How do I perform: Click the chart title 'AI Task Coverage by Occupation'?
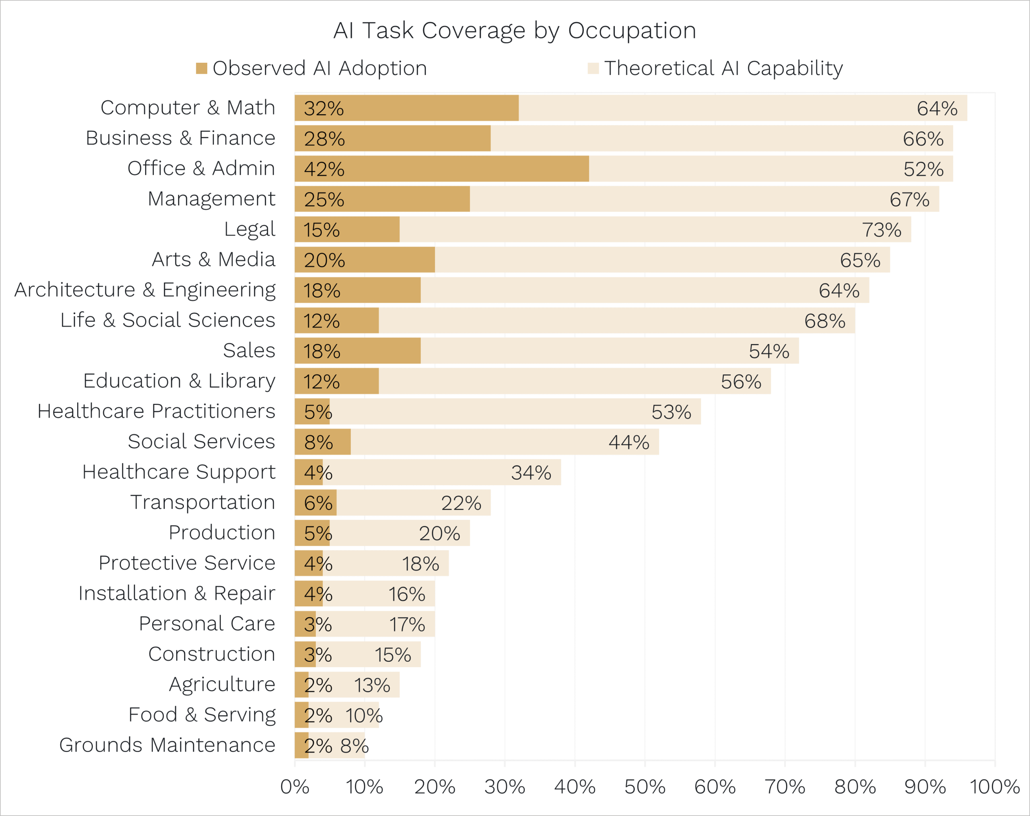pyautogui.click(x=514, y=31)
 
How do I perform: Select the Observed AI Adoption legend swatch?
pyautogui.click(x=202, y=68)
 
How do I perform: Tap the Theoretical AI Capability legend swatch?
pyautogui.click(x=593, y=68)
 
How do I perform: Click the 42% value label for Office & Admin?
pyautogui.click(x=324, y=169)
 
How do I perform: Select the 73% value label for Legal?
pyautogui.click(x=882, y=230)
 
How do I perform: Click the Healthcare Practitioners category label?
pyautogui.click(x=156, y=411)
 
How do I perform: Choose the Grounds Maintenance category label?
pyautogui.click(x=167, y=745)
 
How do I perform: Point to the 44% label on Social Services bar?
pyautogui.click(x=628, y=442)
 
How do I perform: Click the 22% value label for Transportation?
pyautogui.click(x=461, y=503)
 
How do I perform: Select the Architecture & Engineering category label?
pyautogui.click(x=145, y=289)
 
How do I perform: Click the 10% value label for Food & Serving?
pyautogui.click(x=364, y=716)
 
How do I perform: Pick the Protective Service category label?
pyautogui.click(x=187, y=563)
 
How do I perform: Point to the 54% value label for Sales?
pyautogui.click(x=769, y=351)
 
